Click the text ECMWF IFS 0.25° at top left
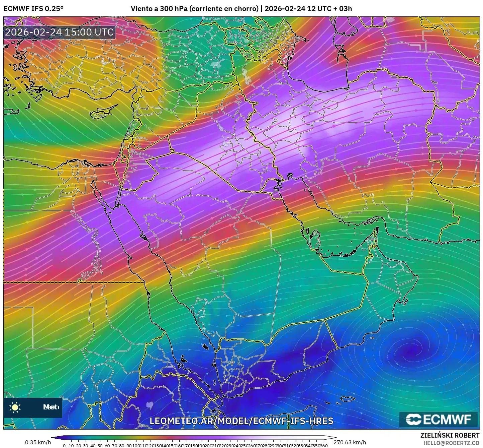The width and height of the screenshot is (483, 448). point(33,9)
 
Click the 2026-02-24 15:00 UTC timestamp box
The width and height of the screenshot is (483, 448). point(60,32)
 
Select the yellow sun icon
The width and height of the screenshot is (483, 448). point(15,407)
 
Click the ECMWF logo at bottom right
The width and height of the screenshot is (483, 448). point(438,419)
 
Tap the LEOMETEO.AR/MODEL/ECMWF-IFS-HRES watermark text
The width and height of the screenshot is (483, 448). point(241,421)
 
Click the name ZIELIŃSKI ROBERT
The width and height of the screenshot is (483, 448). point(450,435)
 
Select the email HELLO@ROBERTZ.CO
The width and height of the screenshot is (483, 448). point(451,443)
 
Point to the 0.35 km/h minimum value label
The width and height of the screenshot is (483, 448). point(38,442)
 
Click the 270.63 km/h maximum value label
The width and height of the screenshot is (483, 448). point(350,442)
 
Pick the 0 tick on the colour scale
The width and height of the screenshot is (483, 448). point(64,446)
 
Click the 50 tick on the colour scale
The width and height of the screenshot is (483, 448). point(100,446)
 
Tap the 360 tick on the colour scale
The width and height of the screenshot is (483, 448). point(323,446)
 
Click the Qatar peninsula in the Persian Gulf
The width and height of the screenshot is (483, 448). point(315,238)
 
